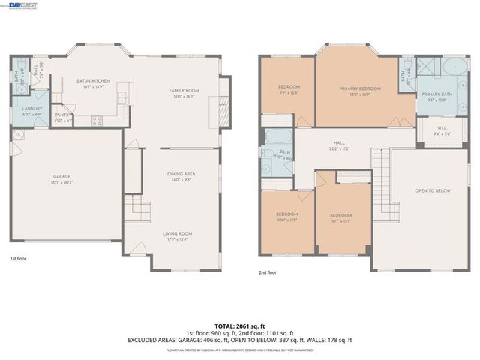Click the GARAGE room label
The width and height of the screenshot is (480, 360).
[x=62, y=177]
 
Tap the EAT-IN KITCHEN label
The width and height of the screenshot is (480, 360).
[x=94, y=80]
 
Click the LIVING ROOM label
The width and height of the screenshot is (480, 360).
[x=178, y=233]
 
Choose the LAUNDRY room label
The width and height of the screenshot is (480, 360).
[x=31, y=108]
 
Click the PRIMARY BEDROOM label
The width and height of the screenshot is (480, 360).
[x=361, y=88]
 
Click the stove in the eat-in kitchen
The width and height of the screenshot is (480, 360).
[x=97, y=119]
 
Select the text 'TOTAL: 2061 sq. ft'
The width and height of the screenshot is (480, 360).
[x=239, y=325]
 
